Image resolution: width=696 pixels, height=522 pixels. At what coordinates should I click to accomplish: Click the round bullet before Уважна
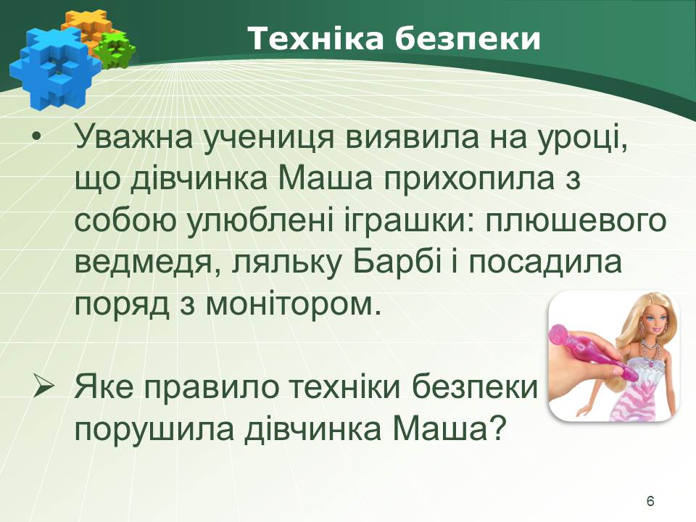[x=36, y=138]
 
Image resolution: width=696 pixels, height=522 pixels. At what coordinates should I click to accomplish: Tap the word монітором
[x=293, y=305]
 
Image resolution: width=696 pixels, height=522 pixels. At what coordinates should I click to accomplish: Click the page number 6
[x=650, y=501]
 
